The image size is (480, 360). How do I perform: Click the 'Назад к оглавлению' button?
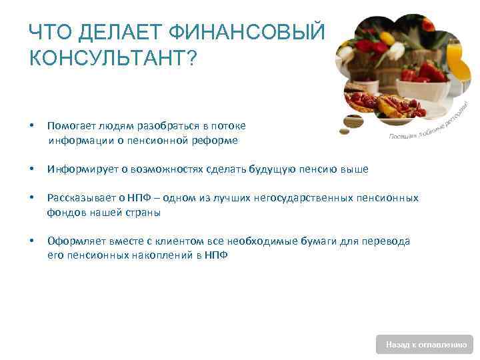[x=425, y=345]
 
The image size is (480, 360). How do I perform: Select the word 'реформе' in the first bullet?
[x=214, y=141]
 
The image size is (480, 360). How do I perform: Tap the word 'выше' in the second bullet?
[x=355, y=169]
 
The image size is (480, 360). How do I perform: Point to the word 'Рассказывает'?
[x=77, y=198]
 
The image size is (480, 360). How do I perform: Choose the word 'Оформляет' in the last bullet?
[x=71, y=241]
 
